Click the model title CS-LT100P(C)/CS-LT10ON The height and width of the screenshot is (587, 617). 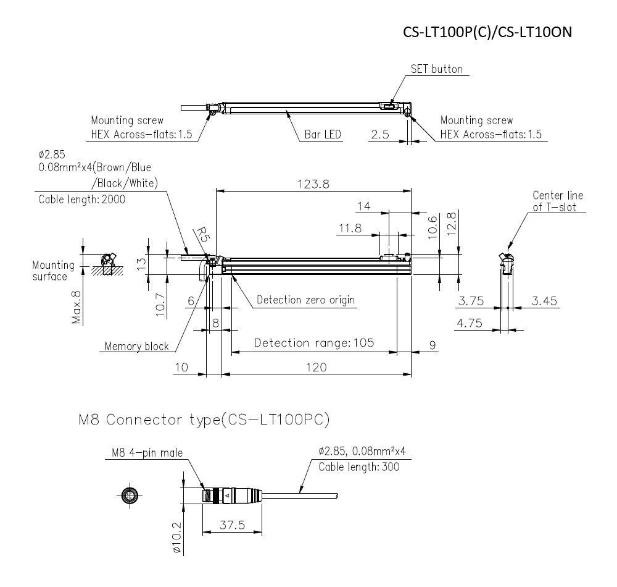pos(487,32)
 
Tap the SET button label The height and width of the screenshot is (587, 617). pos(436,69)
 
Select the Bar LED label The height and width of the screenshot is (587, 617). pos(323,134)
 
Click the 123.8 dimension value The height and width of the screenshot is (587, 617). pos(314,183)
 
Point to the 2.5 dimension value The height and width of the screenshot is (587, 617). pos(381,134)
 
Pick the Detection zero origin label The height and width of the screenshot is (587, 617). pos(305,300)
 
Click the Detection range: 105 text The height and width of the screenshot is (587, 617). pos(314,343)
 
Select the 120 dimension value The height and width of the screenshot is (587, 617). pos(316,366)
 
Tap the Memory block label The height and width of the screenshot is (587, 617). pos(136,346)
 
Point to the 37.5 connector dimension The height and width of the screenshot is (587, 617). pos(232,525)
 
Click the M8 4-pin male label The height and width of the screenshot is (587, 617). pos(147,454)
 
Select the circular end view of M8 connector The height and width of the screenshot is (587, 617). pos(130,496)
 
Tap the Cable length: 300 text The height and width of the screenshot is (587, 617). pos(358,467)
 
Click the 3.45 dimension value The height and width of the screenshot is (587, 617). pos(544,301)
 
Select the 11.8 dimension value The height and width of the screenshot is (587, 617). pos(350,229)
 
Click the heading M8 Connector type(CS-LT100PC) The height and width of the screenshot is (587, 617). pos(204,420)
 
